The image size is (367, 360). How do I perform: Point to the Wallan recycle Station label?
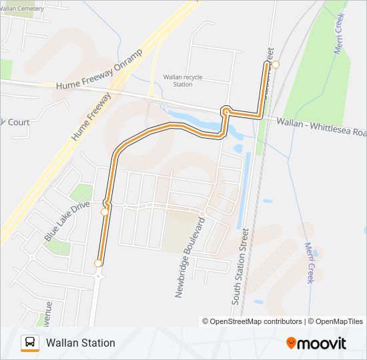point(183,81)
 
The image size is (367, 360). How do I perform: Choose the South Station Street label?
point(240,267)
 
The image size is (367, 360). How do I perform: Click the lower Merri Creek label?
point(309,262)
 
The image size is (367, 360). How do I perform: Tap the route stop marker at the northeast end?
point(275,65)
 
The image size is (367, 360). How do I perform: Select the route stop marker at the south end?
point(98,263)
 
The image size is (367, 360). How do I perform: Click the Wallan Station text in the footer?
point(81,343)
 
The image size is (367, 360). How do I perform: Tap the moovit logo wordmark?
point(322,343)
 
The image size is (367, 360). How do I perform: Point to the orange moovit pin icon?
point(291,343)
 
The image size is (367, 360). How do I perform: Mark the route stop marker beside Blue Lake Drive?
point(104,212)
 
